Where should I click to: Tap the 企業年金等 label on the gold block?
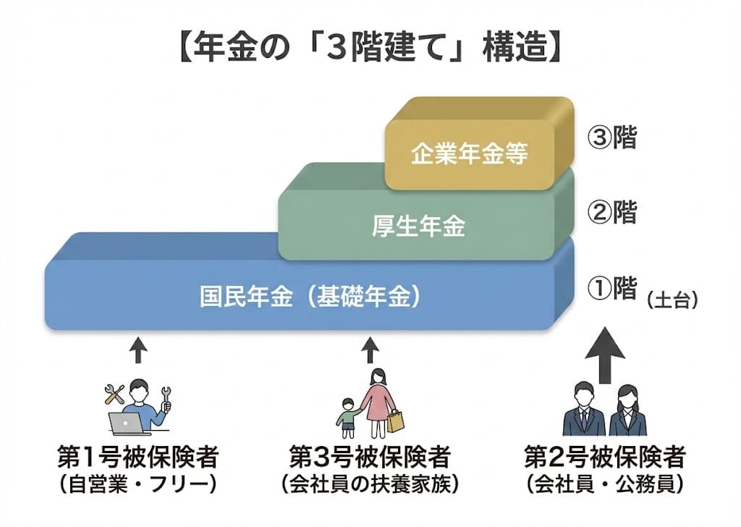pos(470,154)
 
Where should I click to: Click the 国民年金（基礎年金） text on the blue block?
pos(310,297)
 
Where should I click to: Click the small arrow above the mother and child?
pos(370,351)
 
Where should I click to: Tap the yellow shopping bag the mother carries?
pos(395,421)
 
